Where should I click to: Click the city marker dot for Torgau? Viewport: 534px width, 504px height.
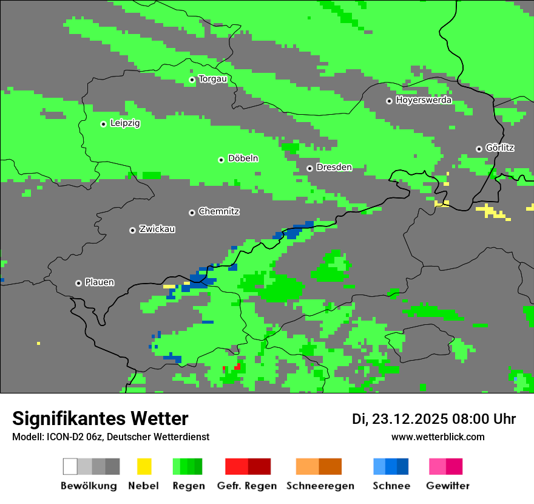point(192,80)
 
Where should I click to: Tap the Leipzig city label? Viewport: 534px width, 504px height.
point(125,123)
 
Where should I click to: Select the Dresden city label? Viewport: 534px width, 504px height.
point(334,167)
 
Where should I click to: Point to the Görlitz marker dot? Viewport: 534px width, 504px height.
point(479,149)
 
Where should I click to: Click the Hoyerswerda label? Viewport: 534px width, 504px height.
point(424,100)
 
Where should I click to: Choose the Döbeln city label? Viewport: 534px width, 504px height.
point(243,158)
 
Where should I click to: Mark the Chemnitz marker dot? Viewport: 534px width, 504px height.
point(192,213)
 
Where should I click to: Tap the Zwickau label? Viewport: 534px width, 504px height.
point(157,229)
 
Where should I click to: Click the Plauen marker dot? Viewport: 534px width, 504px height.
point(78,283)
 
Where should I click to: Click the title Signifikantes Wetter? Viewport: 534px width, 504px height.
point(100,418)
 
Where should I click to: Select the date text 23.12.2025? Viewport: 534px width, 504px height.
point(410,419)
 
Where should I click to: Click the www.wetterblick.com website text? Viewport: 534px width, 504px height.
point(438,437)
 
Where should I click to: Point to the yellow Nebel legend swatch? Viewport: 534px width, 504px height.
point(144,466)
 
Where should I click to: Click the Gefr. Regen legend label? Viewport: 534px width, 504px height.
point(247,486)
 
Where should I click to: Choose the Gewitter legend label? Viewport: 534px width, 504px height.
point(447,486)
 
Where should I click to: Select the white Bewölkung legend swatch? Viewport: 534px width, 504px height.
point(70,466)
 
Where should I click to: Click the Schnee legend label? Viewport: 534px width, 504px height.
point(391,486)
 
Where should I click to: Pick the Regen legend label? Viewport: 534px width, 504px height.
point(188,486)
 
